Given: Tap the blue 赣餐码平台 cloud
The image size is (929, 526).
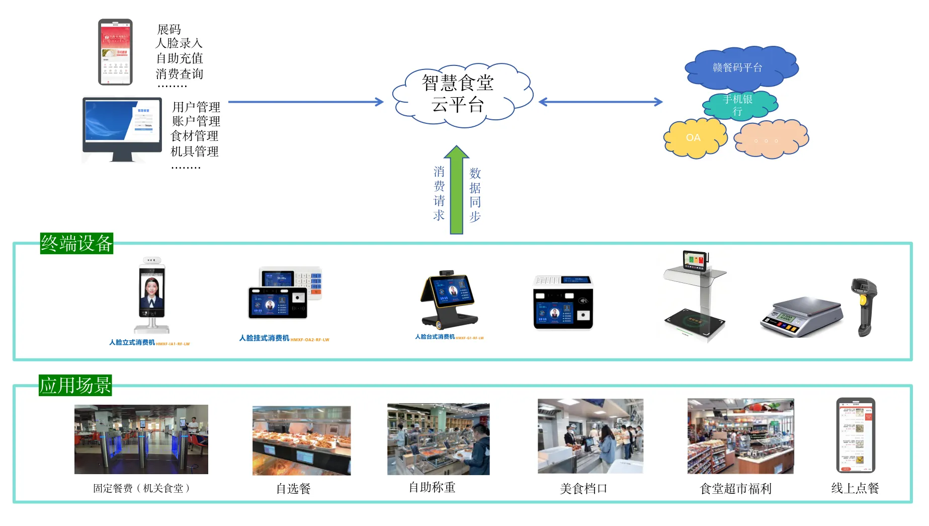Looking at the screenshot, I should pyautogui.click(x=739, y=67).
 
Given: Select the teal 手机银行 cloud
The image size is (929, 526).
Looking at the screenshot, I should pyautogui.click(x=738, y=105).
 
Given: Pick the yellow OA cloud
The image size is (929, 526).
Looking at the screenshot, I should pyautogui.click(x=694, y=137).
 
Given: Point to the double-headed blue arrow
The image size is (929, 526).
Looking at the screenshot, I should pyautogui.click(x=600, y=102).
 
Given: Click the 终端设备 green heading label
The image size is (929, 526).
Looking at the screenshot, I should pyautogui.click(x=76, y=244).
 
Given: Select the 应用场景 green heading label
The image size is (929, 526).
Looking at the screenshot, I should pyautogui.click(x=75, y=386).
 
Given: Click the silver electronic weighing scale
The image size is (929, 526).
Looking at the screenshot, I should pyautogui.click(x=801, y=316).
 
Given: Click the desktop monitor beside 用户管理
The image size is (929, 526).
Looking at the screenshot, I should pyautogui.click(x=122, y=129).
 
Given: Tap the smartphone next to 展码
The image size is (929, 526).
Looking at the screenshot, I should pyautogui.click(x=115, y=52).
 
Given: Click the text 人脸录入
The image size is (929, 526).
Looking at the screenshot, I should pyautogui.click(x=179, y=43).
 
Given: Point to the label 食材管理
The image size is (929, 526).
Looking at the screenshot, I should pyautogui.click(x=195, y=136).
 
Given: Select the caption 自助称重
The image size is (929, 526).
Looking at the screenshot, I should pyautogui.click(x=432, y=487).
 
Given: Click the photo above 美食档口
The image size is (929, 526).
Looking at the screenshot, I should pyautogui.click(x=590, y=436).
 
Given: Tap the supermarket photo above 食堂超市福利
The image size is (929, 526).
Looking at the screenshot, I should pyautogui.click(x=740, y=436).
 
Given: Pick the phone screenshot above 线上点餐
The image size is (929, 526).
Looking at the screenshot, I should pyautogui.click(x=856, y=435).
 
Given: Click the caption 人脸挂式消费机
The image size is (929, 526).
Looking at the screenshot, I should pyautogui.click(x=265, y=338).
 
